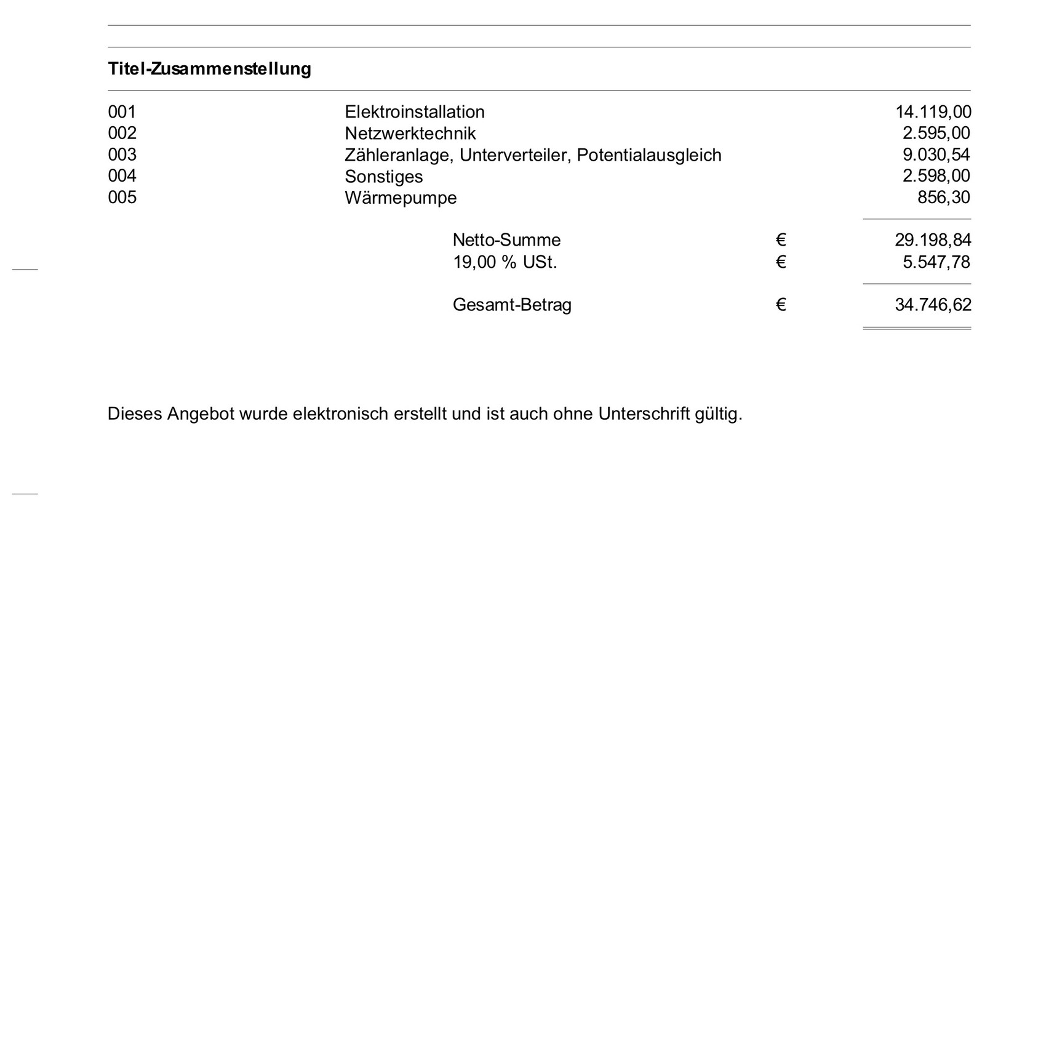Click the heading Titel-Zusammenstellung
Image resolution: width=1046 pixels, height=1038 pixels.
click(x=209, y=69)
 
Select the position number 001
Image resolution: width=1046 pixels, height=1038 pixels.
click(x=122, y=112)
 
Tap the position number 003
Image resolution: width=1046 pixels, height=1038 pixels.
click(x=122, y=155)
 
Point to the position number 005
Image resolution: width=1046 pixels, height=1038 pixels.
click(x=122, y=198)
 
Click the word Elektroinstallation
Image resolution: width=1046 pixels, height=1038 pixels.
click(x=414, y=112)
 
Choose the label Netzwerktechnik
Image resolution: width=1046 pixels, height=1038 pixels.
click(x=410, y=134)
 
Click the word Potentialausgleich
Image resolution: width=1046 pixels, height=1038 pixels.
click(x=649, y=155)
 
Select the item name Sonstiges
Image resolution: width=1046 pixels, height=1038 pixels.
click(x=383, y=177)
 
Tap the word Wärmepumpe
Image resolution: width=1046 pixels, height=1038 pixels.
click(x=401, y=198)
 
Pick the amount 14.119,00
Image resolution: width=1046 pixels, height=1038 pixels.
click(x=933, y=112)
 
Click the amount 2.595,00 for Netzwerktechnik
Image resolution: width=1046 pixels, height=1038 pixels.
click(x=936, y=134)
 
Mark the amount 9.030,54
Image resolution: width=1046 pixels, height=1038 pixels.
click(x=936, y=155)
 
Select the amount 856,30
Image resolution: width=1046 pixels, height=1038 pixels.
click(x=943, y=198)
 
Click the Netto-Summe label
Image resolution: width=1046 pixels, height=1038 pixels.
click(x=506, y=240)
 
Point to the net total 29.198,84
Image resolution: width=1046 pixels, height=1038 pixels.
click(x=933, y=240)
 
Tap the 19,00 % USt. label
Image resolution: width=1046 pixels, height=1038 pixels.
click(x=505, y=262)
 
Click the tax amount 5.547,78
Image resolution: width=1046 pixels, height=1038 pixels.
click(x=936, y=262)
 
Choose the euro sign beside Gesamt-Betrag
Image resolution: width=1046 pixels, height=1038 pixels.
click(x=781, y=305)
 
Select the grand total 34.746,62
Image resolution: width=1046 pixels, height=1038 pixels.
click(x=933, y=305)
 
